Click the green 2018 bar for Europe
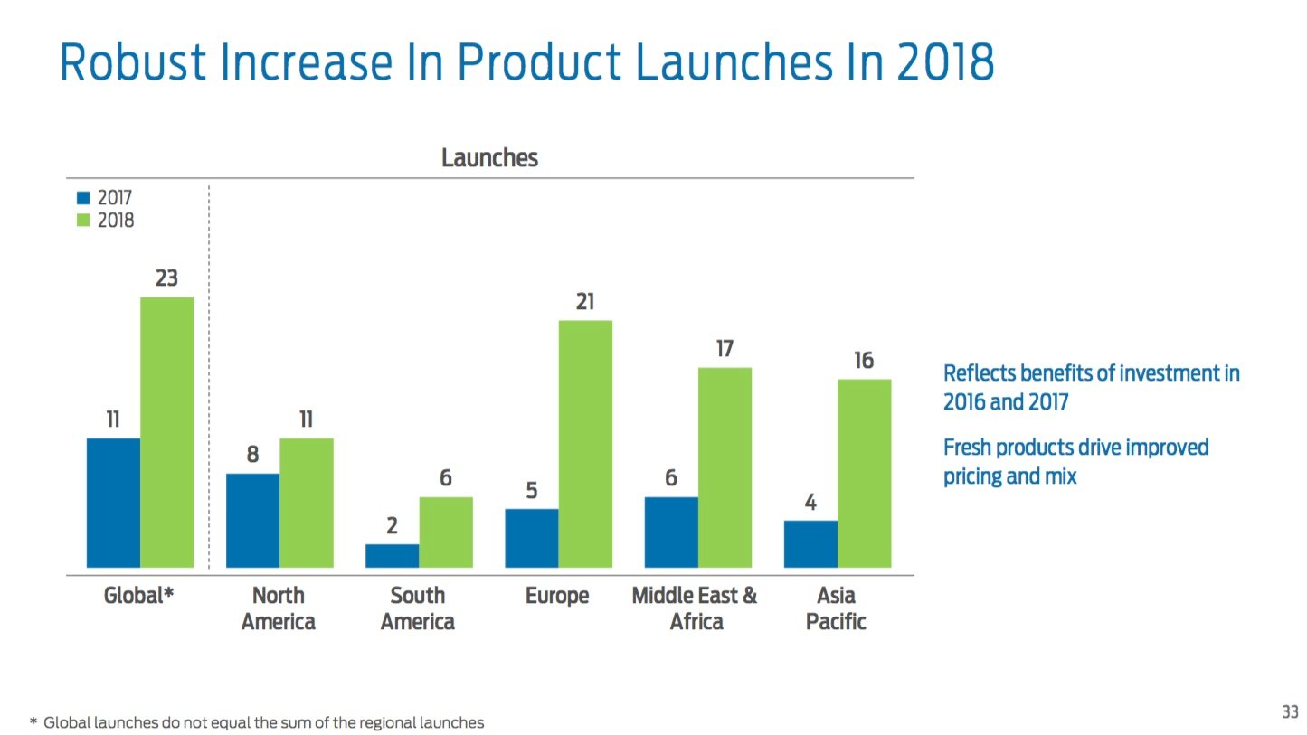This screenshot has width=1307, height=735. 585,443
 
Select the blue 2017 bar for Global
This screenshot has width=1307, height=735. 113,503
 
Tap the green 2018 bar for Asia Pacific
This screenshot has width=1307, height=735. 864,473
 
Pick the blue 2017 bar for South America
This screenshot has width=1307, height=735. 392,555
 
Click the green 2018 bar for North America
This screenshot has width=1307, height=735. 306,503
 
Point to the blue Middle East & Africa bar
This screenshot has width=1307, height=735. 670,532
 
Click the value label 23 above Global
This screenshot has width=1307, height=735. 166,278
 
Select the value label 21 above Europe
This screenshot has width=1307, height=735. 585,302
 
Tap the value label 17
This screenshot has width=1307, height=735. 725,349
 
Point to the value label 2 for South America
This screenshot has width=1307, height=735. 392,525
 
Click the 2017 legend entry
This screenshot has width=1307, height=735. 106,198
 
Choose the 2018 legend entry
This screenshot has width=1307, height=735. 106,220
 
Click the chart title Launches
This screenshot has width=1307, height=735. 489,158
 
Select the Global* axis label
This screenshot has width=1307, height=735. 138,596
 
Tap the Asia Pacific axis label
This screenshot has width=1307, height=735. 836,608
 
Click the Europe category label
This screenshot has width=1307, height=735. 557,596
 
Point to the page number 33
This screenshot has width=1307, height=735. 1290,712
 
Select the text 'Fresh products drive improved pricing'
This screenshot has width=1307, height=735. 1075,461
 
